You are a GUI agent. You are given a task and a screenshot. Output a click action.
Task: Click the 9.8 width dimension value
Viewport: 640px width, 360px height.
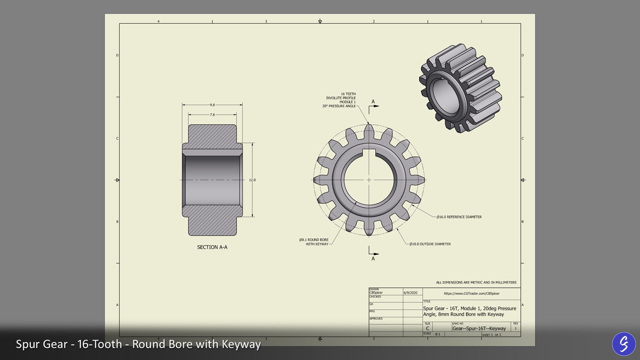pyautogui.click(x=212, y=105)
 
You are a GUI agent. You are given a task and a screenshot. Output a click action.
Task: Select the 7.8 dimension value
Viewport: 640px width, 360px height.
pyautogui.click(x=212, y=115)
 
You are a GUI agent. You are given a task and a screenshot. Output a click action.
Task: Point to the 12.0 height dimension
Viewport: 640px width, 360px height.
pyautogui.click(x=252, y=180)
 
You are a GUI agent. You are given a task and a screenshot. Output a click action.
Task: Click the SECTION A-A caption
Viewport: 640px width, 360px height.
pyautogui.click(x=212, y=247)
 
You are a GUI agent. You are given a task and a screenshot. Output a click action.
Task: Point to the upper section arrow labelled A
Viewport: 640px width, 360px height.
pyautogui.click(x=374, y=105)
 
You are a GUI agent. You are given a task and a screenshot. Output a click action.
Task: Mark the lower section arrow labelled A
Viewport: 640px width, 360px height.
pyautogui.click(x=374, y=255)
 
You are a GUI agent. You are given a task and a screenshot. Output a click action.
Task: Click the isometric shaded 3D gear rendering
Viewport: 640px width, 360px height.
pyautogui.click(x=460, y=88)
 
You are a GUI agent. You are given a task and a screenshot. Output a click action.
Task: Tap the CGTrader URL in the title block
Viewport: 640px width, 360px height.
pyautogui.click(x=472, y=294)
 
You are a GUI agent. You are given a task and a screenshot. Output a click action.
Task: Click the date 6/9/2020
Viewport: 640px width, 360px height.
pyautogui.click(x=410, y=293)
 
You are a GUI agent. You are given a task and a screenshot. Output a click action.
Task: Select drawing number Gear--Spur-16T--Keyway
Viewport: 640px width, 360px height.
pyautogui.click(x=479, y=328)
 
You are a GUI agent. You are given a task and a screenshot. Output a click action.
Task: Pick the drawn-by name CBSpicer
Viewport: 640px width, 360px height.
pyautogui.click(x=376, y=293)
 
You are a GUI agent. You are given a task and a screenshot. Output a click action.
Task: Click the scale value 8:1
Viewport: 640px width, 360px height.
pyautogui.click(x=438, y=334)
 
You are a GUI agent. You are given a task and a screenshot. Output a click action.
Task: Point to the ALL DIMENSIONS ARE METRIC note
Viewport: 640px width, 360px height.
pyautogui.click(x=476, y=282)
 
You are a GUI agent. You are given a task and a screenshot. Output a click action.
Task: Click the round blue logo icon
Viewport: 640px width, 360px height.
pyautogui.click(x=624, y=344)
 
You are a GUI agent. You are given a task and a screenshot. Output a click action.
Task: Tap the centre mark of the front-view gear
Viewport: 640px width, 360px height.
pyautogui.click(x=369, y=180)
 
